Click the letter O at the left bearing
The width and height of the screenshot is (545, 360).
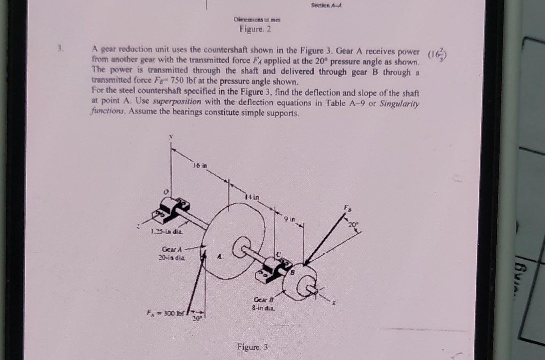pyautogui.click(x=165, y=192)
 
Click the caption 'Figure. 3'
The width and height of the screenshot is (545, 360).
pyautogui.click(x=252, y=347)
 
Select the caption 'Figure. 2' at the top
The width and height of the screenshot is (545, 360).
pyautogui.click(x=255, y=29)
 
